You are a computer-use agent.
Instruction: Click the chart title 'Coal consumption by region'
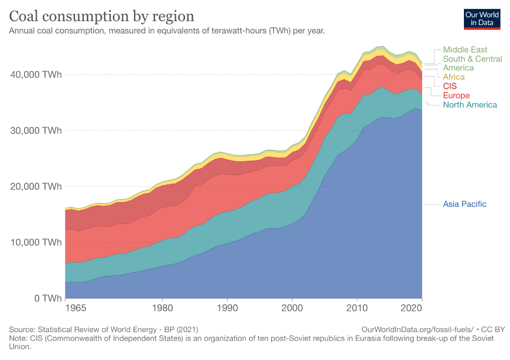pos(102,16)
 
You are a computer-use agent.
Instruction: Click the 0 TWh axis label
pos(48,298)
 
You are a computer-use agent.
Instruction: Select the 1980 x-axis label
pos(162,309)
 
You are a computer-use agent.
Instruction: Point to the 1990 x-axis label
pos(227,309)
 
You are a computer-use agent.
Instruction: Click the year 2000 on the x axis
pos(292,309)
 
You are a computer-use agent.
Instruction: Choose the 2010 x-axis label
pos(357,309)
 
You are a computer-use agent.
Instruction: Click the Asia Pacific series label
pos(464,204)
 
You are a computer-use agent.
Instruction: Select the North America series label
pos(470,104)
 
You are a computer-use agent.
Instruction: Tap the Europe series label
pos(456,95)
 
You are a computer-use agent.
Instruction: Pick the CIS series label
pos(450,86)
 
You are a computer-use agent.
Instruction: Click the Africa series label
pos(454,77)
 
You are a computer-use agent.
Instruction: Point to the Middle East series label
pos(465,50)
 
